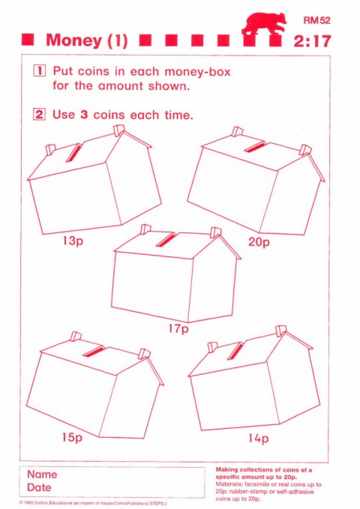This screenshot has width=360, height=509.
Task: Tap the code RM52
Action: tap(316, 20)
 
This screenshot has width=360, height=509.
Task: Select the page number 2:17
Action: tap(312, 41)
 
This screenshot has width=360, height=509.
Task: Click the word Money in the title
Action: tap(74, 40)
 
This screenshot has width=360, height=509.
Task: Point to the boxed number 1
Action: tap(40, 70)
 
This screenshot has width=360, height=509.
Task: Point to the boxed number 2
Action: tap(39, 115)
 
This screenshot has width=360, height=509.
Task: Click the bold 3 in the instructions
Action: tap(84, 115)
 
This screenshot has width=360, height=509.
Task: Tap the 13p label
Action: tap(73, 241)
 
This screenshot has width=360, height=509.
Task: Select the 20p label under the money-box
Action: tap(259, 242)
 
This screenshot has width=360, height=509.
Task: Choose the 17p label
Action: tap(178, 328)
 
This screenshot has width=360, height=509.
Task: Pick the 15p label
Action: tap(72, 437)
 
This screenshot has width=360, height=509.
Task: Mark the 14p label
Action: tap(259, 439)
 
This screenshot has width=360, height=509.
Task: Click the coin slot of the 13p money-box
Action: tap(73, 152)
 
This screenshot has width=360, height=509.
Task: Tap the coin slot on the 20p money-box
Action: tap(256, 146)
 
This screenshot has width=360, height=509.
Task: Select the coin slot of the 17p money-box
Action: tap(166, 239)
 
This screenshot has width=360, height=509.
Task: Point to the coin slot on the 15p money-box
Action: tap(94, 351)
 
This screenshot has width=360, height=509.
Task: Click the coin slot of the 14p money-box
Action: tap(235, 351)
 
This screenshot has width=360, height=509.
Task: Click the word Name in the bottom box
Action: tap(42, 475)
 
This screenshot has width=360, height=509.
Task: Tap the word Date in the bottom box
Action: tap(39, 487)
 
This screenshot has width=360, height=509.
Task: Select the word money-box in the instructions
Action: tap(197, 72)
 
